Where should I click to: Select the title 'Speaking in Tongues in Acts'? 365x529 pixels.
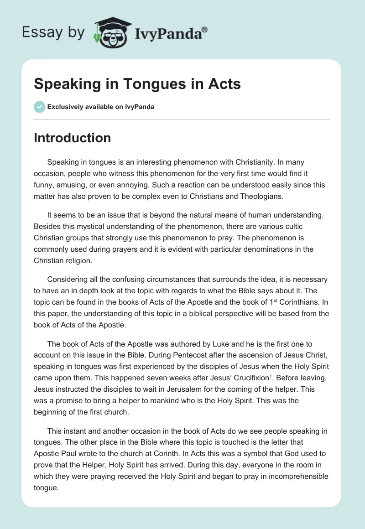pyautogui.click(x=137, y=84)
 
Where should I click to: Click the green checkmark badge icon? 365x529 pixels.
pyautogui.click(x=39, y=107)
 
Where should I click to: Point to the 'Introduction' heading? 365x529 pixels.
pyautogui.click(x=72, y=138)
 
